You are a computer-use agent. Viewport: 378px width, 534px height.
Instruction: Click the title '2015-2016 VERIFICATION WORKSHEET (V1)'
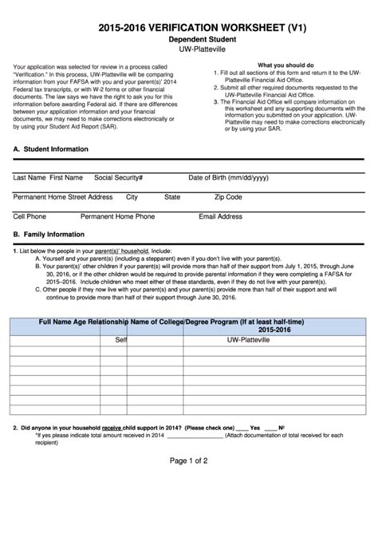point(189,27)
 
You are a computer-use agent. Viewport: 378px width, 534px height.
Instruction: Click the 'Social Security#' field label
point(118,177)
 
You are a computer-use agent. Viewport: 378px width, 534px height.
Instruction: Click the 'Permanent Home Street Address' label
point(63,196)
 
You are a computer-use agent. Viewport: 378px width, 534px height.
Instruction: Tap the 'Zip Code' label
point(228,196)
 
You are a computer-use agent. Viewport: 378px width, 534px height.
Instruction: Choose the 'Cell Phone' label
point(30,216)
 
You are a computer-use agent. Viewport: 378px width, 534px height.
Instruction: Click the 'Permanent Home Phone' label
point(117,216)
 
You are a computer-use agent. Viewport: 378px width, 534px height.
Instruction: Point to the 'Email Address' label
point(220,216)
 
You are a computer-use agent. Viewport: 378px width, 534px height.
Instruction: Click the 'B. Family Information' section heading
point(49,235)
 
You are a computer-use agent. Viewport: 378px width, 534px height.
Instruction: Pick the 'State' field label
point(172,196)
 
